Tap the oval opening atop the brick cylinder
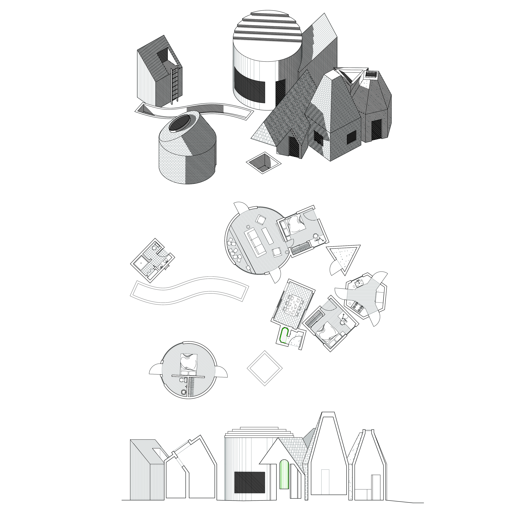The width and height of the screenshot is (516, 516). click(181, 124)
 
